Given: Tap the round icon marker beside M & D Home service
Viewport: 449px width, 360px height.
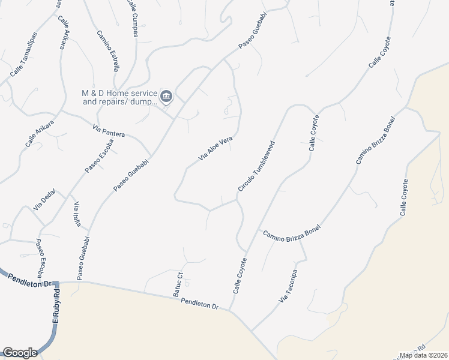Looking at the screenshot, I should pyautogui.click(x=167, y=95).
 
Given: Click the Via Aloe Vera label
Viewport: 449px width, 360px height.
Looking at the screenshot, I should pyautogui.click(x=215, y=150).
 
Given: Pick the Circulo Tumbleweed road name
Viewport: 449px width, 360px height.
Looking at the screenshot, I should pyautogui.click(x=257, y=167).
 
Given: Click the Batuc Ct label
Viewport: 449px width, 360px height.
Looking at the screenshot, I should pyautogui.click(x=178, y=287).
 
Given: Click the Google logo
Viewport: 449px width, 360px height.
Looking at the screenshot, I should pyautogui.click(x=20, y=353).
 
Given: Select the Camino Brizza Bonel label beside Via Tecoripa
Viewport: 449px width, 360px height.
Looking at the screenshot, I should pyautogui.click(x=291, y=231).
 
